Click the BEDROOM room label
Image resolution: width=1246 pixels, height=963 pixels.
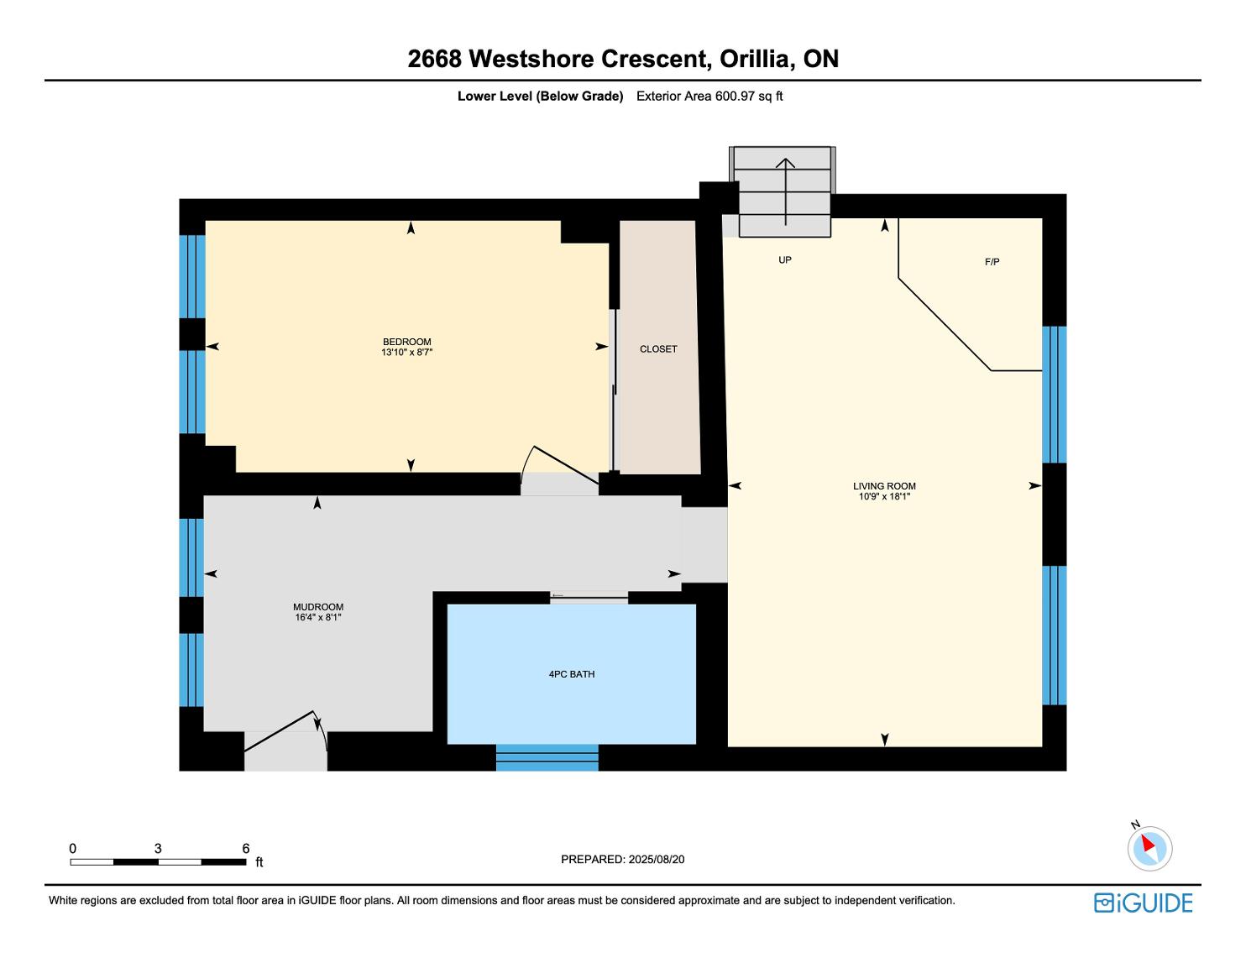406,342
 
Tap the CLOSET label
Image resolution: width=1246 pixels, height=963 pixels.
658,349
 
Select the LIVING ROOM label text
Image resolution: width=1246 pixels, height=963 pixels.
884,486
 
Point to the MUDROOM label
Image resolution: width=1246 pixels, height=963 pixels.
318,607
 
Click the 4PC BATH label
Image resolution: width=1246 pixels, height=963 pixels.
571,674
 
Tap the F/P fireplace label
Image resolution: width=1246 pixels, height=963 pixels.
992,262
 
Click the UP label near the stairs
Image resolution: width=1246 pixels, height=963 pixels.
785,260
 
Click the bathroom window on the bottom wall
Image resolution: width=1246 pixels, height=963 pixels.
547,757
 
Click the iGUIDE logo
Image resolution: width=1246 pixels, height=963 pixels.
1143,903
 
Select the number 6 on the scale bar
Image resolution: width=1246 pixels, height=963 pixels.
246,849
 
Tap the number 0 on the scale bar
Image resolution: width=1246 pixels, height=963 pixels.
73,849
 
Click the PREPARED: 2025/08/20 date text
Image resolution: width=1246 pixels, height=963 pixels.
622,859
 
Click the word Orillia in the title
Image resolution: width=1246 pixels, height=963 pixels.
755,59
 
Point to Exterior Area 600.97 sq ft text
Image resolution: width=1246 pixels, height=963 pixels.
709,96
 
